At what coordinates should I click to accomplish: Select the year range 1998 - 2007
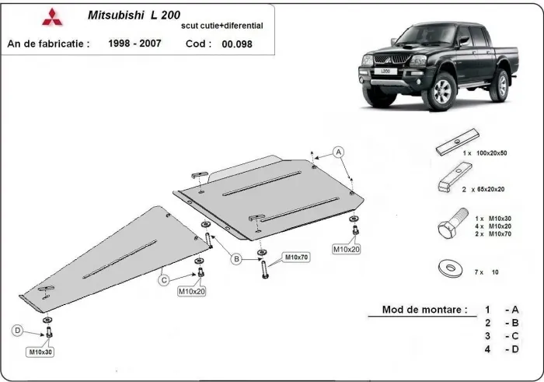click(x=134, y=44)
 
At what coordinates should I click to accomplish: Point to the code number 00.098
click(x=236, y=44)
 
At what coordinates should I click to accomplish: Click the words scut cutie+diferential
click(x=221, y=26)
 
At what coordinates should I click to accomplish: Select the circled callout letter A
click(x=339, y=151)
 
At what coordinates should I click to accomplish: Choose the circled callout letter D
click(x=16, y=331)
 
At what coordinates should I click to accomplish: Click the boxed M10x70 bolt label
click(x=296, y=256)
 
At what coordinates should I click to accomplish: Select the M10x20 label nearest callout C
click(x=190, y=291)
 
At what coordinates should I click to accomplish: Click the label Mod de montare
click(x=424, y=309)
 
